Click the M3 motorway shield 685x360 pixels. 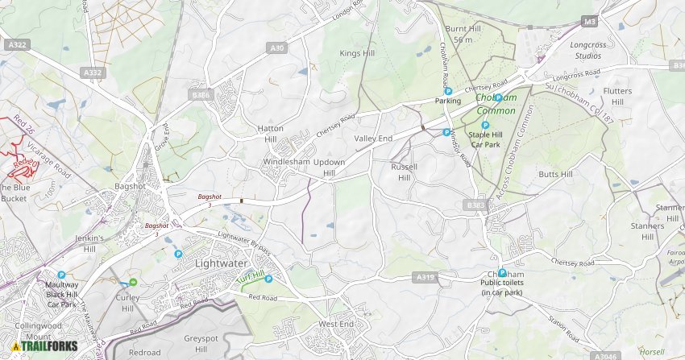(x=590, y=22)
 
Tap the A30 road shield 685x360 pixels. (x=277, y=48)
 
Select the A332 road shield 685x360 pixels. (x=93, y=72)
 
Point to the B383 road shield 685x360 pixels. (x=475, y=205)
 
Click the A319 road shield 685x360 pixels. (x=426, y=278)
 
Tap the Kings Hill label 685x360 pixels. (x=356, y=53)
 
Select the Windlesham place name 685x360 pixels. (x=287, y=162)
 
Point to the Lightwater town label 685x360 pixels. (x=222, y=263)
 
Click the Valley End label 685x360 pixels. (x=373, y=139)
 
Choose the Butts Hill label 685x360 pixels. (x=555, y=174)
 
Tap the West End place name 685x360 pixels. (x=336, y=324)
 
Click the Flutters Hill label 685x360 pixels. (x=617, y=97)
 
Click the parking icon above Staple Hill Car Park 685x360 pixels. (x=485, y=125)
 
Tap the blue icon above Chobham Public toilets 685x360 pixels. (x=502, y=273)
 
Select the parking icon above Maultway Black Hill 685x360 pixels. (x=61, y=275)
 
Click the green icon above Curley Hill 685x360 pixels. (x=133, y=282)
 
